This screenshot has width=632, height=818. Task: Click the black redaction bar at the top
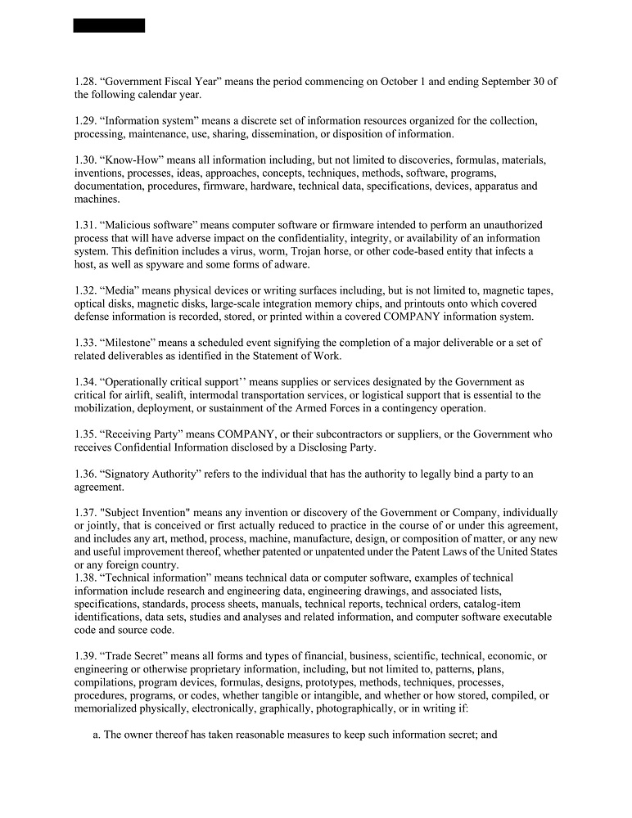coord(109,25)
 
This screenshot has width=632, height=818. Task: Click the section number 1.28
coord(85,82)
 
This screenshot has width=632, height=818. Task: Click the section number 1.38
coord(85,578)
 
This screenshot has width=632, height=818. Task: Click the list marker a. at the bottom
coord(96,735)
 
